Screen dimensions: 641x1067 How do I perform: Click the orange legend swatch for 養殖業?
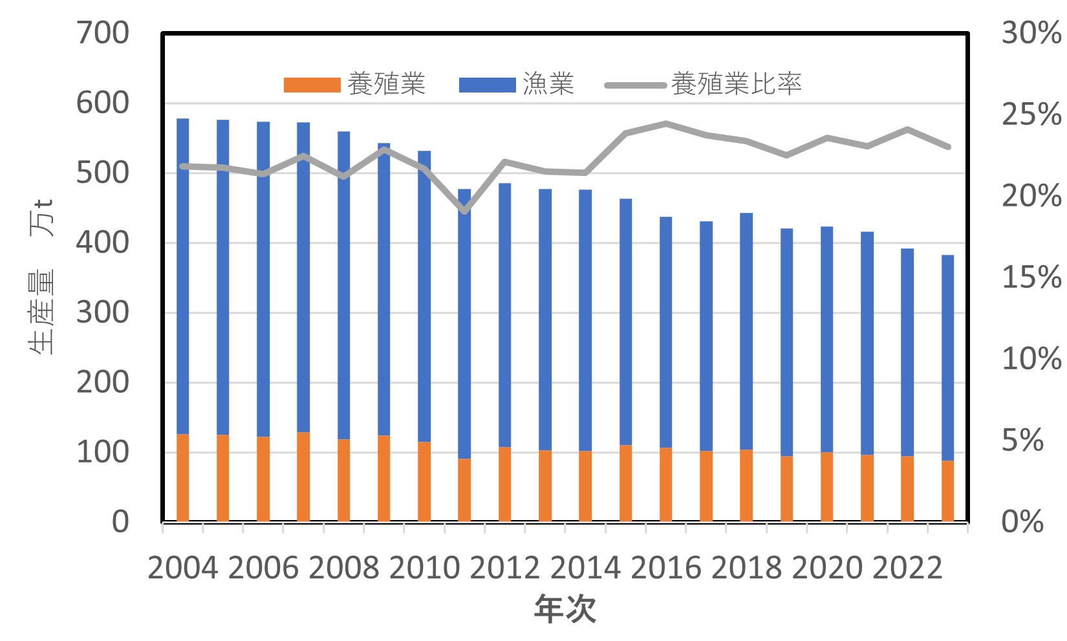pos(312,85)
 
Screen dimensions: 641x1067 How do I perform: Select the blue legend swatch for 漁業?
pos(487,85)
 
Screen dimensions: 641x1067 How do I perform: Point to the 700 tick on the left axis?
pos(103,33)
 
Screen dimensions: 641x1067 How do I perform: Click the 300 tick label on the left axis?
pos(103,312)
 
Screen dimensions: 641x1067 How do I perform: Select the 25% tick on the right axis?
pos(1031,114)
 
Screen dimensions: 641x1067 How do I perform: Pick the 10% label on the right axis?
pos(1031,359)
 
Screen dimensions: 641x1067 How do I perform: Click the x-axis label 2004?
pos(183,568)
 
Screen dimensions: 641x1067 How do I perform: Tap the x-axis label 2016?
pos(665,568)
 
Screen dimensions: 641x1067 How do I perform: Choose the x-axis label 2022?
pos(907,568)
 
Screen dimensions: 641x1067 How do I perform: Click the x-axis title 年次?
pos(565,609)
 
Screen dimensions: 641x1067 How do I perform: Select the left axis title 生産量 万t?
pos(42,278)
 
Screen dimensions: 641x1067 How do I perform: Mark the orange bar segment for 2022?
pos(907,488)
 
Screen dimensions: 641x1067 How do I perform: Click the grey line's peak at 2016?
pos(665,123)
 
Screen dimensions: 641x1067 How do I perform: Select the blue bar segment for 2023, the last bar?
pos(947,356)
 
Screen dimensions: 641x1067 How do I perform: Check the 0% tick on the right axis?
pos(1022,521)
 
